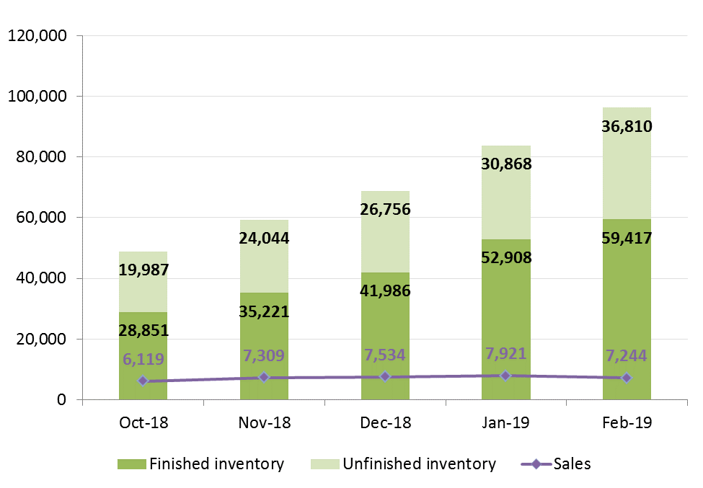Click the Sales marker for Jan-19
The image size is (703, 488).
(x=505, y=376)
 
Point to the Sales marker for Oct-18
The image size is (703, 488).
(x=143, y=381)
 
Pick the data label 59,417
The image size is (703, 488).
(x=626, y=236)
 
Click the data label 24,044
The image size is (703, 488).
(x=264, y=238)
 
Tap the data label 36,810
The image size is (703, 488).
(x=626, y=128)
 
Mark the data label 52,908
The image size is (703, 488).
(x=505, y=257)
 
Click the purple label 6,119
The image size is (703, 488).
(x=143, y=359)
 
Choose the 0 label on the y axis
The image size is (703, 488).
(x=63, y=399)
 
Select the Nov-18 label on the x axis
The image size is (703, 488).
(x=264, y=422)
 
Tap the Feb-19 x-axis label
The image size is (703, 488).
(x=626, y=422)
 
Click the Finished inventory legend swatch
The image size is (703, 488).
(x=132, y=464)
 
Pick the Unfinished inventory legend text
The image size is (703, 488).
(x=419, y=464)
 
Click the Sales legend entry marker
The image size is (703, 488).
(x=536, y=464)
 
